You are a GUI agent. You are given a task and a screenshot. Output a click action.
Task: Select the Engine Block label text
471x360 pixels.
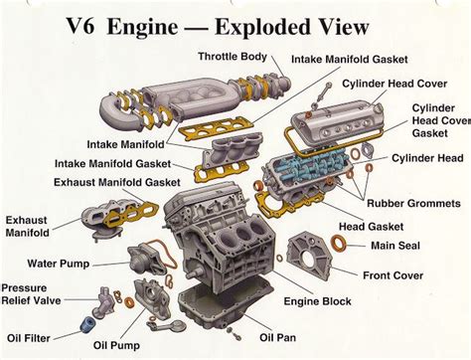point(318,299)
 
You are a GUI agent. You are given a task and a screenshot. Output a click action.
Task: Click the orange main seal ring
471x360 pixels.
point(340,243)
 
